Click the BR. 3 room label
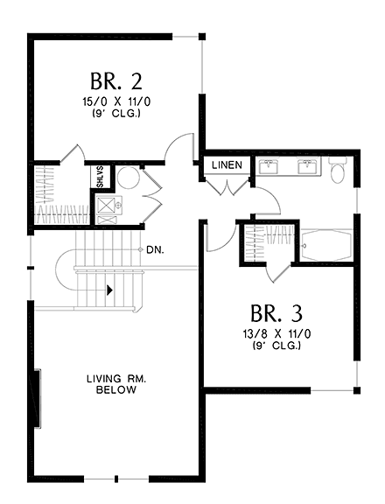[x=276, y=313]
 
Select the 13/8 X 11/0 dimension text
[x=276, y=334]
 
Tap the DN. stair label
[x=156, y=249]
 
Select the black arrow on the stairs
[x=109, y=290]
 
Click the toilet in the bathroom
[x=339, y=170]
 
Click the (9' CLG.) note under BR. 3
[x=276, y=346]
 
